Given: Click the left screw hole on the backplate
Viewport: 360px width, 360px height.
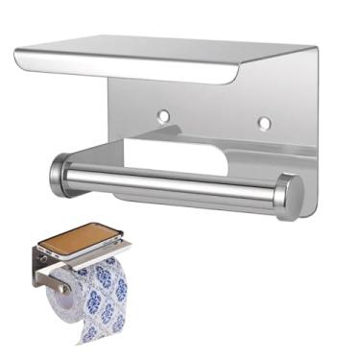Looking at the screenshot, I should pos(163,115).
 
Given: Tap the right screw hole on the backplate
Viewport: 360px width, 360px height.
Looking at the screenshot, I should pos(263,123).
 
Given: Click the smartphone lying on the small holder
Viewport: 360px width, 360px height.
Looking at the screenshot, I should pos(84,239).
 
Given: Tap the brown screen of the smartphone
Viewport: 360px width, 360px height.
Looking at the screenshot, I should pos(83,237).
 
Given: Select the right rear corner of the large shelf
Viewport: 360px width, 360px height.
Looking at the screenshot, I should pos(312,48).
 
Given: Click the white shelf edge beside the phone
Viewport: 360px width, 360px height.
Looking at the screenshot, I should pos(106,252).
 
